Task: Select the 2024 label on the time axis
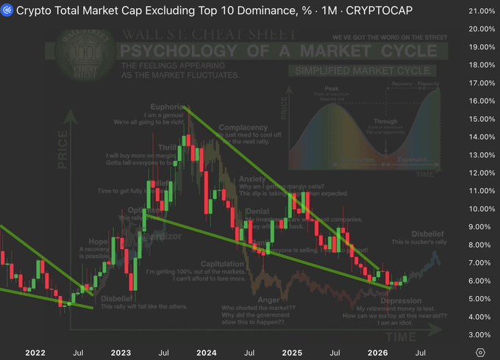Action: (207, 353)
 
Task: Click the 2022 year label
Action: (35, 353)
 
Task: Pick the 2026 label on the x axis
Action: (379, 353)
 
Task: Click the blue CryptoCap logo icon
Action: (7, 11)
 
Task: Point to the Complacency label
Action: (243, 126)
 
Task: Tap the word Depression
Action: (401, 300)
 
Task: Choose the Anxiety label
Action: (252, 179)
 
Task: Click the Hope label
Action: (99, 241)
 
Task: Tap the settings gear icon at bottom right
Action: (480, 353)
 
